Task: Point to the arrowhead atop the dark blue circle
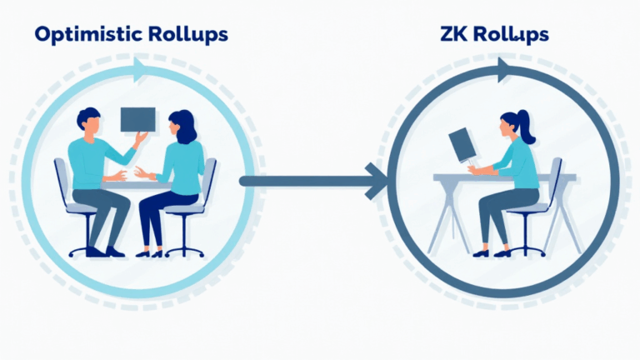(x=504, y=71)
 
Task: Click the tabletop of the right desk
(x=500, y=177)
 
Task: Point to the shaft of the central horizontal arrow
(x=300, y=180)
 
